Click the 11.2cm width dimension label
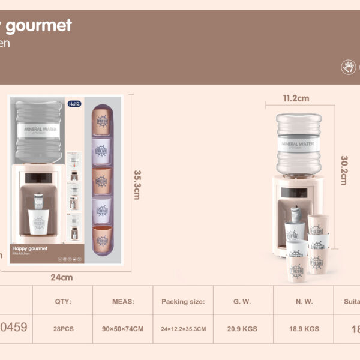pyautogui.click(x=296, y=98)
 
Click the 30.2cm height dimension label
pyautogui.click(x=344, y=170)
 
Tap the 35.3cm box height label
pyautogui.click(x=137, y=184)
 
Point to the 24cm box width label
pyautogui.click(x=62, y=277)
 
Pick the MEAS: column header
pyautogui.click(x=122, y=302)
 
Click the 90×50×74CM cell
pyautogui.click(x=122, y=329)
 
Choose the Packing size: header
pyautogui.click(x=183, y=302)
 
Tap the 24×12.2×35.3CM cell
pyautogui.click(x=183, y=329)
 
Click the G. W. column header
pyautogui.click(x=243, y=302)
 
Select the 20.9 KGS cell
pyautogui.click(x=243, y=329)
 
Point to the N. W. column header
pyautogui.click(x=304, y=302)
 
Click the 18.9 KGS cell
pyautogui.click(x=304, y=329)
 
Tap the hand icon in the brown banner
pyautogui.click(x=349, y=67)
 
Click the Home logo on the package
pyautogui.click(x=74, y=103)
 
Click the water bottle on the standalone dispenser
pyautogui.click(x=298, y=143)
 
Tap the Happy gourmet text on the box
pyautogui.click(x=29, y=247)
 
